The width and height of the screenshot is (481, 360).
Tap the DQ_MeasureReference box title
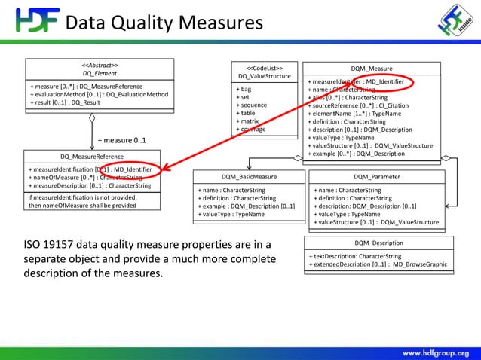click(90, 157)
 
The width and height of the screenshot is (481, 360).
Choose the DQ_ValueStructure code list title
click(264, 76)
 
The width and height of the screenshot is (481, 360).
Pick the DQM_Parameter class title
click(377, 177)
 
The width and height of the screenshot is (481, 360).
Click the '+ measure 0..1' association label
click(121, 140)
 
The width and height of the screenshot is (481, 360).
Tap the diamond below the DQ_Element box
click(91, 117)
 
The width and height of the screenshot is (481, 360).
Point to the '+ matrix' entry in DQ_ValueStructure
click(250, 121)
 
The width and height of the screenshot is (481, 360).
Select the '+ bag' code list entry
click(245, 89)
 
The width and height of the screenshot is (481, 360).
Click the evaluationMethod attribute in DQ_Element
click(99, 95)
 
